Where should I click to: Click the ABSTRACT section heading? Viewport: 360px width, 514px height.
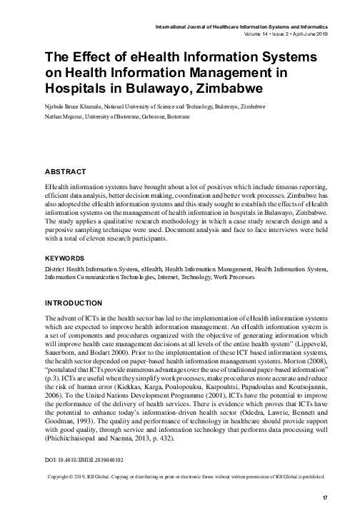65,171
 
